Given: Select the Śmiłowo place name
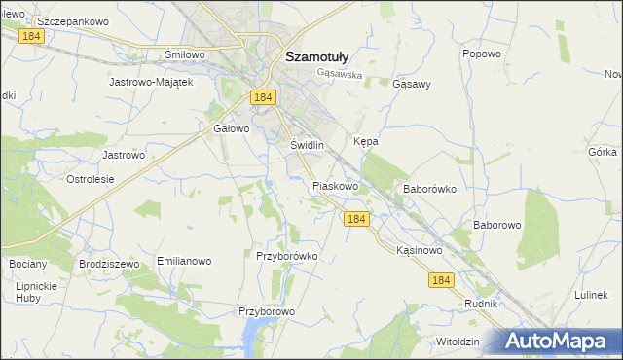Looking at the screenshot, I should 184,54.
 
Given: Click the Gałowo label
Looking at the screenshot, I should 232,127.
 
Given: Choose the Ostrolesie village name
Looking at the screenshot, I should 90,179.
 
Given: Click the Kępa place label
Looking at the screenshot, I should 366,141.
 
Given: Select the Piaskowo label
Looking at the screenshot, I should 336,185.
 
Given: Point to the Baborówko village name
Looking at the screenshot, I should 429,190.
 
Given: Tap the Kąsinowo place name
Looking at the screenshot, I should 420,250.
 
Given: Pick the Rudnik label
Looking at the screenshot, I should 481,304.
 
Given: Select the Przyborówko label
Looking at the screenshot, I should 287,256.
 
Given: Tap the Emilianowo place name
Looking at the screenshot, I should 184,262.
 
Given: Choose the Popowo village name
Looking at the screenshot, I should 481,54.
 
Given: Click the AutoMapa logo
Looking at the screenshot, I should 557,342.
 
